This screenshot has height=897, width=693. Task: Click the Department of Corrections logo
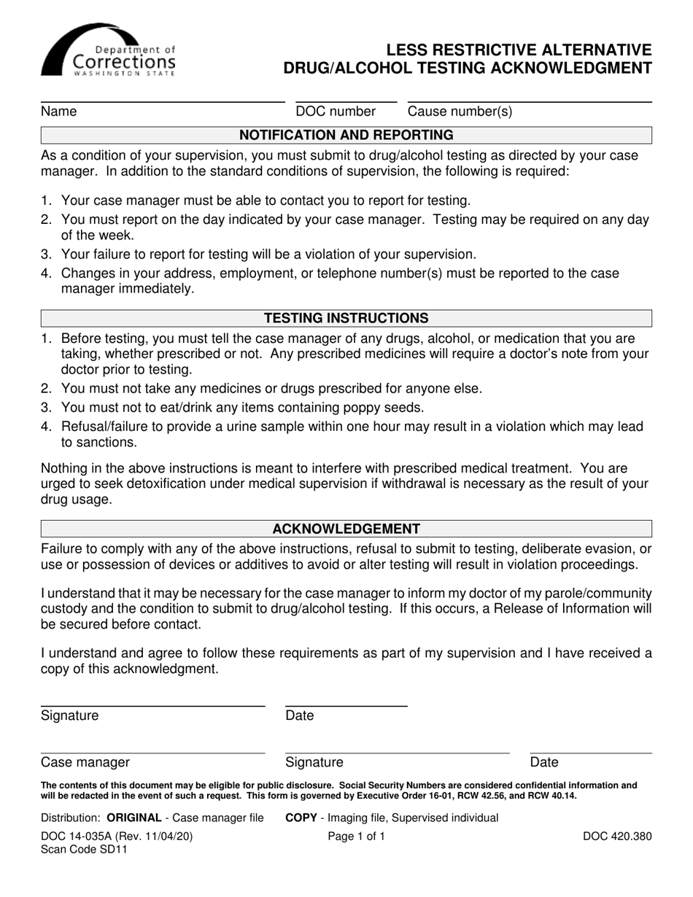coord(108,50)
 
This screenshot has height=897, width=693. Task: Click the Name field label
coord(59,112)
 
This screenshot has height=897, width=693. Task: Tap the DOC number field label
coord(336,112)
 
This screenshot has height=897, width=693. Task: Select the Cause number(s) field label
coord(460,112)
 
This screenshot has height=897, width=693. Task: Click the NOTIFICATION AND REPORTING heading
coord(346,135)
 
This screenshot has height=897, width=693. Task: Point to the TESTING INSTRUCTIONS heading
coord(346,319)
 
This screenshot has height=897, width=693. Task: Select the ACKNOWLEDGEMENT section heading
coord(346,529)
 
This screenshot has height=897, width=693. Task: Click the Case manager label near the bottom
coord(85,763)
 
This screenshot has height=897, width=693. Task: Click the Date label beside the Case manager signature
coord(544,763)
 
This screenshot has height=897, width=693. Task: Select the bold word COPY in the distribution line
coord(301,818)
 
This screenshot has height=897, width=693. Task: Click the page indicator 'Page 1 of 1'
coord(357,837)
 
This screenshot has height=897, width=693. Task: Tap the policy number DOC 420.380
coord(617,837)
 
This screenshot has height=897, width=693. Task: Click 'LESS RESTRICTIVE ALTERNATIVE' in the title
coord(519,50)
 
